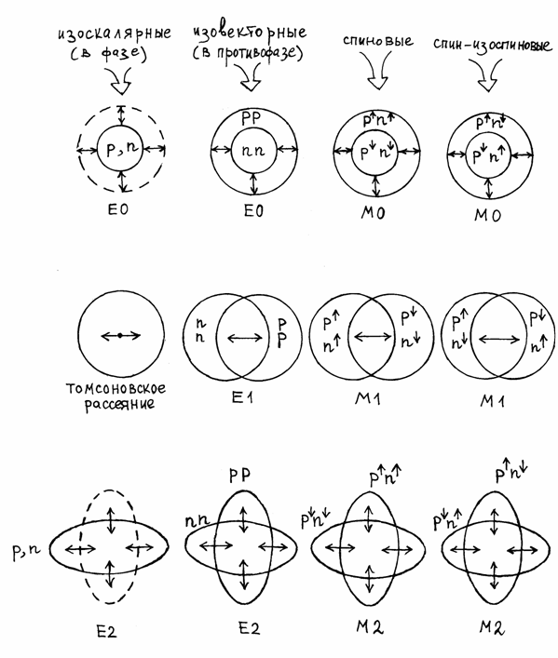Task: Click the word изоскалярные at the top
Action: pyautogui.click(x=115, y=34)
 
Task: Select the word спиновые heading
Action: pyautogui.click(x=377, y=41)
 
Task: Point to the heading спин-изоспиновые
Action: pyautogui.click(x=492, y=45)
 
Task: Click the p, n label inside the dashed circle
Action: pyautogui.click(x=122, y=150)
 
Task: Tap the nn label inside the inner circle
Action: pyautogui.click(x=253, y=151)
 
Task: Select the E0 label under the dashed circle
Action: pyautogui.click(x=118, y=209)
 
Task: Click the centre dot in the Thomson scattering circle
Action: pyautogui.click(x=120, y=335)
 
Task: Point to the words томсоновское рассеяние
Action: pyautogui.click(x=116, y=396)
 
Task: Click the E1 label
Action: pyautogui.click(x=242, y=396)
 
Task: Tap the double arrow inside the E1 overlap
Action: pyautogui.click(x=245, y=338)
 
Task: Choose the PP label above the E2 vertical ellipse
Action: pyautogui.click(x=240, y=476)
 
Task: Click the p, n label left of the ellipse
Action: pyautogui.click(x=26, y=551)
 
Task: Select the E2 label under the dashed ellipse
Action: pyautogui.click(x=107, y=632)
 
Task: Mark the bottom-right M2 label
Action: pyautogui.click(x=492, y=628)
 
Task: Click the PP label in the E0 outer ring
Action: pyautogui.click(x=252, y=118)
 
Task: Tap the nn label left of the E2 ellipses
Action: pyautogui.click(x=197, y=521)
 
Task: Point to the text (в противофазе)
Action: pyautogui.click(x=248, y=54)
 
